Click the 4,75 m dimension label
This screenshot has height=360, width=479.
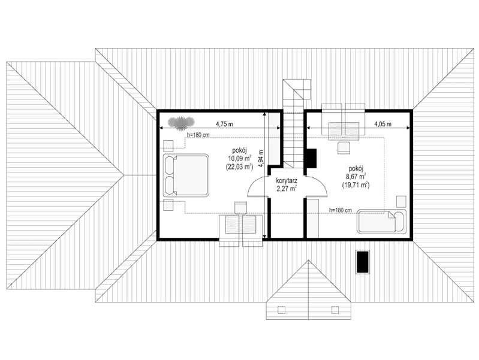[225, 124]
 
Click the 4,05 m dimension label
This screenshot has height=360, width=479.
[382, 124]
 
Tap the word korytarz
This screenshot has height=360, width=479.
[287, 180]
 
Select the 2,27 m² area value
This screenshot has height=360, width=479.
[287, 188]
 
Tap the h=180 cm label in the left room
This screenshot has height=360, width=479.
[198, 135]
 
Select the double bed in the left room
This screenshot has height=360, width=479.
[185, 175]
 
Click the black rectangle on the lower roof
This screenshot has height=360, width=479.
[362, 261]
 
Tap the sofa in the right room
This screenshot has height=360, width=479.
[382, 221]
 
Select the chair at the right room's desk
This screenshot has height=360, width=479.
[344, 147]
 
